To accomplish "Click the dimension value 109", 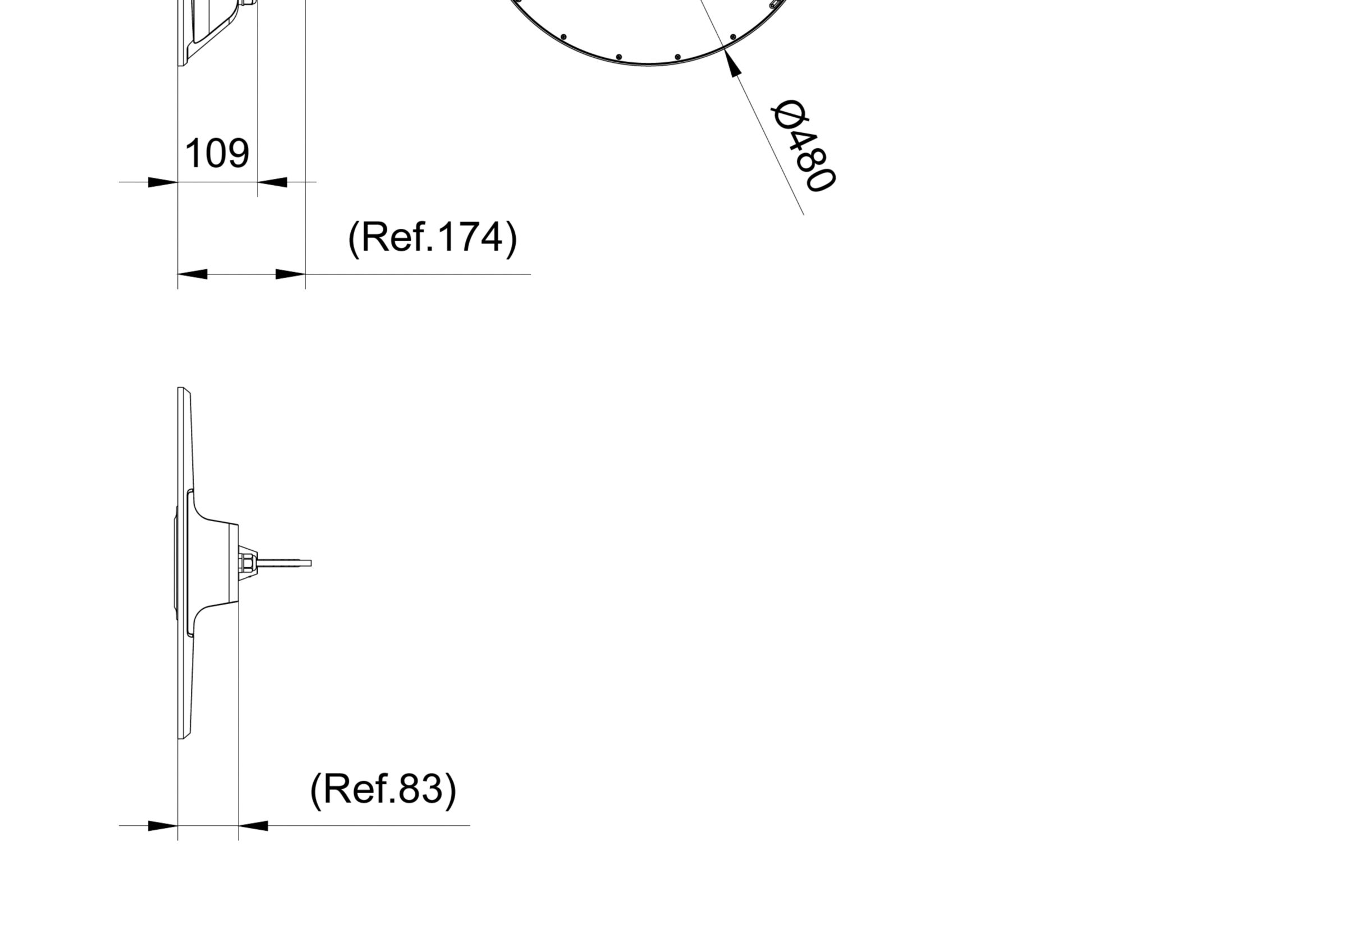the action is [217, 153].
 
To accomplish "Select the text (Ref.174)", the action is [433, 237].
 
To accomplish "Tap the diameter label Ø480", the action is [803, 145].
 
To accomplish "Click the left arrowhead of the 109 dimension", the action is [163, 182].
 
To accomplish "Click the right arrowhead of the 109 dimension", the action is [272, 182].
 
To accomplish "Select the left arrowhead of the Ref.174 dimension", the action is [193, 274].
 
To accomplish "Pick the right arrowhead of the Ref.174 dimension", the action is [290, 274].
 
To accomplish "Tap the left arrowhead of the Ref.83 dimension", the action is [163, 826].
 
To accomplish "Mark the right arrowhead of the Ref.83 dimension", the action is [254, 826].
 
